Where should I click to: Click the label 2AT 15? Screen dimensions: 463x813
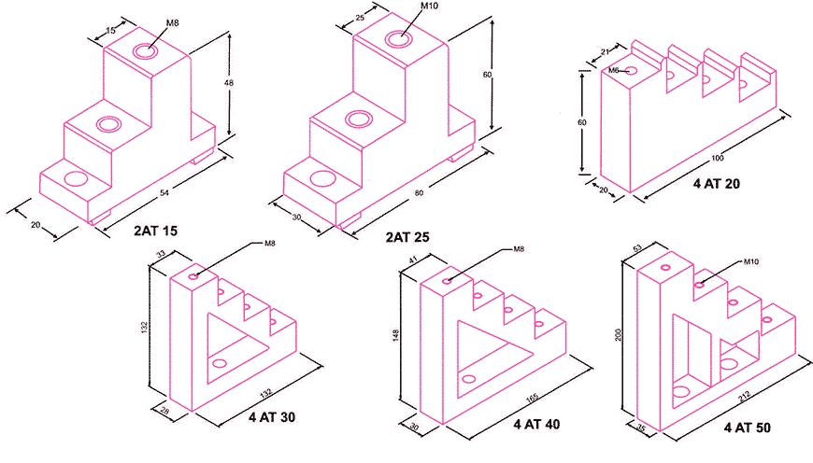[x=160, y=227]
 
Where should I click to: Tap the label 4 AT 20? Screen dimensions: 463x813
[x=717, y=185]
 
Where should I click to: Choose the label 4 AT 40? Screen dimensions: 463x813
[x=536, y=424]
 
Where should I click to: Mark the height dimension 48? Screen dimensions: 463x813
[x=230, y=83]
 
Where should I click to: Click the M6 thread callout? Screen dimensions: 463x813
[x=614, y=70]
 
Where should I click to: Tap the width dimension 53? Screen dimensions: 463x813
[x=637, y=247]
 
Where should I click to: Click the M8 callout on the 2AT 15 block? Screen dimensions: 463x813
[x=172, y=21]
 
